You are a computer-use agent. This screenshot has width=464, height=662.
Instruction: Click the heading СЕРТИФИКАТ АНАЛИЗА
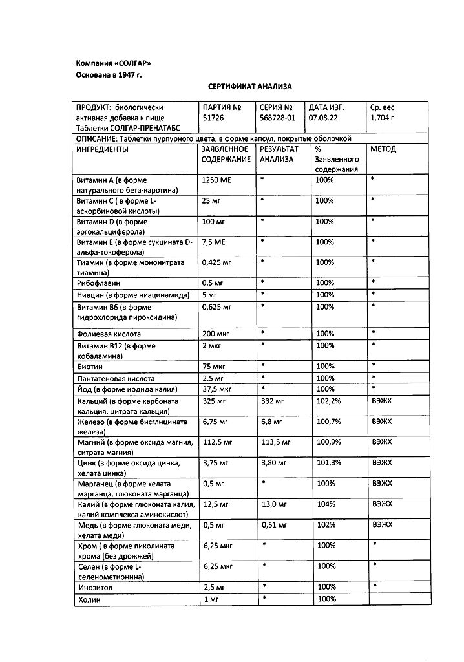pos(250,86)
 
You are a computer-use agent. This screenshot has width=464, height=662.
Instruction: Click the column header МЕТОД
pos(383,149)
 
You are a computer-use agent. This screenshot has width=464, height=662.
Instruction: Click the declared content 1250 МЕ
pos(216,180)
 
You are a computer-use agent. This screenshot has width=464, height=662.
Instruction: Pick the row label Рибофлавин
pos(98,283)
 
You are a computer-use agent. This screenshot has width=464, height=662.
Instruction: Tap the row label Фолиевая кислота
pos(109,334)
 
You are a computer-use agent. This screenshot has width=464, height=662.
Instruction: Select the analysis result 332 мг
pos(272,401)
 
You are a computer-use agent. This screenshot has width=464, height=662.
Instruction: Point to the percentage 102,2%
pos(328,401)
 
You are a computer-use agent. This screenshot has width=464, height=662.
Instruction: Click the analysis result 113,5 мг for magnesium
pos(275,443)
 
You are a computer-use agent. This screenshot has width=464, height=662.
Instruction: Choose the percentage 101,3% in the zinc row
pos(328,463)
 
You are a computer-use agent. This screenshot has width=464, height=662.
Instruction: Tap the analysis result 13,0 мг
pos(273,504)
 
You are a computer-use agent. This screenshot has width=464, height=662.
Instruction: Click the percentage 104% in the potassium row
pos(325,504)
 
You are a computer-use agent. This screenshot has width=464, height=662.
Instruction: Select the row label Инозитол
pos(96,588)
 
